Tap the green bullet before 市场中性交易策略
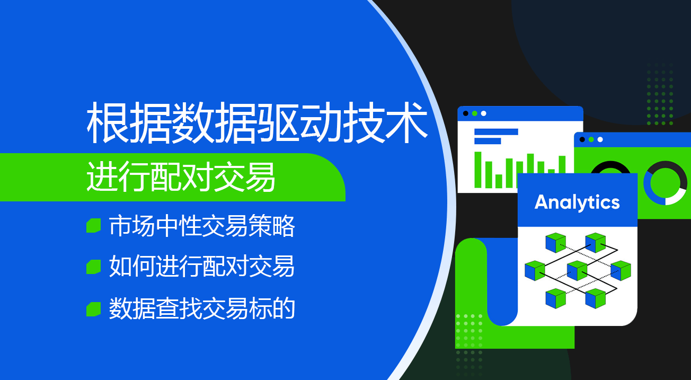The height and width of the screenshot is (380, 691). coord(93,225)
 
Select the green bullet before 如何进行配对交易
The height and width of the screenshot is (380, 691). coord(93,267)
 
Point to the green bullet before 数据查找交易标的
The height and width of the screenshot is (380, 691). coord(93,309)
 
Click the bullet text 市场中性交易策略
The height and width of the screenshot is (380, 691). coord(202,226)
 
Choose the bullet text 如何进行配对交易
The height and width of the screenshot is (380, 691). coord(202,266)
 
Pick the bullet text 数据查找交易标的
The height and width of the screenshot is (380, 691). coord(202,308)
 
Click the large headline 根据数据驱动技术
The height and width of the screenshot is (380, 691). coord(257,123)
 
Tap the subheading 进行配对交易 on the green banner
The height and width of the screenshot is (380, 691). coord(181,177)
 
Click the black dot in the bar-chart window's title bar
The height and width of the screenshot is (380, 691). coord(466,113)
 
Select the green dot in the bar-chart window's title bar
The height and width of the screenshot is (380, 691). coord(475,113)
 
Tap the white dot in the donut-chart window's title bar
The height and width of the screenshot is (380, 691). coord(600,139)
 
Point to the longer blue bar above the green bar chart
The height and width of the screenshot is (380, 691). coord(496,132)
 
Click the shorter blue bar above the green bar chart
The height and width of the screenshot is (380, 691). coord(488,141)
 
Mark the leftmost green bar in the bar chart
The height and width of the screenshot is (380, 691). coord(478,170)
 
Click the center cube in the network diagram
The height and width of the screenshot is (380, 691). coord(577,270)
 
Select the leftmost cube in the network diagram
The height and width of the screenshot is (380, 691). coord(535,270)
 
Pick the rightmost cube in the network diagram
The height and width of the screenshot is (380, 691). coord(621,270)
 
